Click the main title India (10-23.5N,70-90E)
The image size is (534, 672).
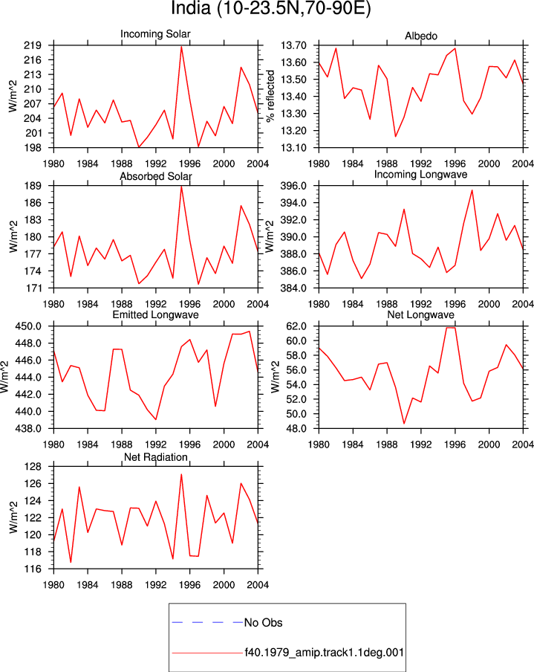(x=270, y=9)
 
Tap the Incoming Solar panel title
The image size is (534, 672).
(x=155, y=34)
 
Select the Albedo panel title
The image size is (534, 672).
(x=421, y=36)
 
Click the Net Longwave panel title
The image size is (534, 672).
(x=420, y=315)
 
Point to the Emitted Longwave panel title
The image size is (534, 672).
(x=155, y=315)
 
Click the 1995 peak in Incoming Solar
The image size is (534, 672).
(x=181, y=46)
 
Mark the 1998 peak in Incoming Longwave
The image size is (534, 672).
(x=472, y=190)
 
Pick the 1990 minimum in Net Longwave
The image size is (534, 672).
(x=404, y=424)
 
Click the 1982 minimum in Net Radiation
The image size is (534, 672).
(x=71, y=562)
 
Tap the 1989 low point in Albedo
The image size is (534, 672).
(x=395, y=137)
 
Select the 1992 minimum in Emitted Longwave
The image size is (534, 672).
(x=156, y=419)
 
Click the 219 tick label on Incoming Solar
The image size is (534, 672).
(x=33, y=45)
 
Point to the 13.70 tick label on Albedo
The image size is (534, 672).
(x=293, y=45)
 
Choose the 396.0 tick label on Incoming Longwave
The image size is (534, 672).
(x=293, y=186)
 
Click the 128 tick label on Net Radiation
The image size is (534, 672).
(x=33, y=467)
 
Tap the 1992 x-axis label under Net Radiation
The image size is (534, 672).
(x=156, y=585)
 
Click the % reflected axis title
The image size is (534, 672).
(x=270, y=97)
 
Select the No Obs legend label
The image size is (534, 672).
(x=264, y=623)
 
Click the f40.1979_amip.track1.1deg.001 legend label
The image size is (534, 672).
(x=324, y=653)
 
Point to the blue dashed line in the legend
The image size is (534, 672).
(x=207, y=622)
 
